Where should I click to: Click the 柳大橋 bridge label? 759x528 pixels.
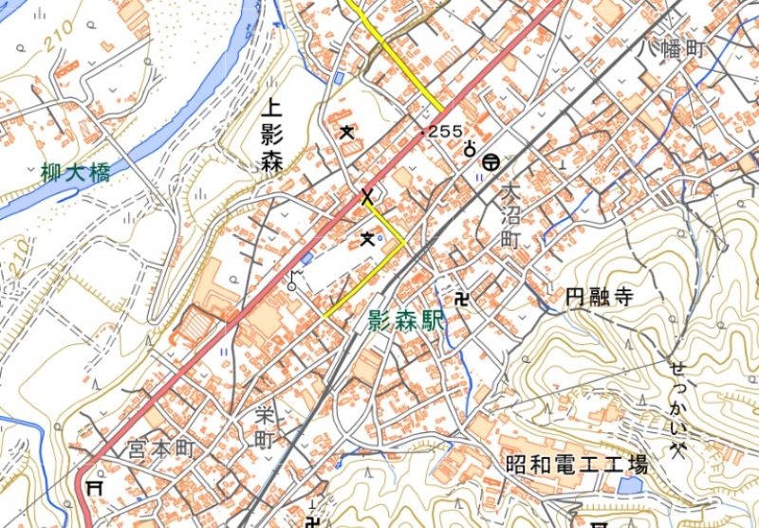click(76, 173)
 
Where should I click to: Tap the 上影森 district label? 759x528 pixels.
click(272, 137)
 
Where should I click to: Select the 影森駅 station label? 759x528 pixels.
click(407, 321)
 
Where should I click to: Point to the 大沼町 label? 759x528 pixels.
click(510, 217)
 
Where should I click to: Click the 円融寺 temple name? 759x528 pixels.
click(598, 297)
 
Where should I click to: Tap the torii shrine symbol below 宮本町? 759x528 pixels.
click(95, 486)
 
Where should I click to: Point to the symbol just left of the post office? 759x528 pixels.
click(469, 149)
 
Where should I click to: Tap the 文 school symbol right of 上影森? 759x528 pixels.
click(345, 131)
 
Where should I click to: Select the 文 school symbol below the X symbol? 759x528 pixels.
click(367, 239)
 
